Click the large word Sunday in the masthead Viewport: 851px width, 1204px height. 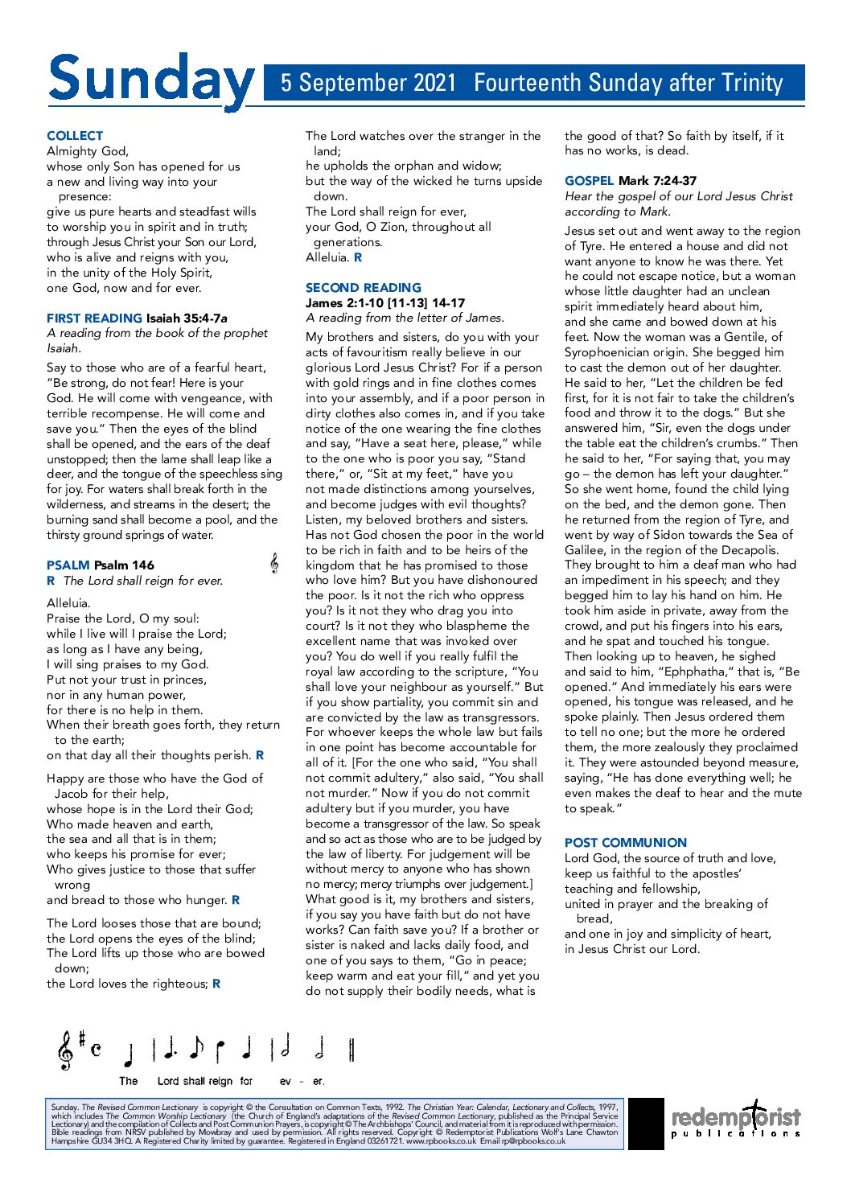pos(150,80)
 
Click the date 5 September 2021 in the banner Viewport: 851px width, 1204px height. pos(368,83)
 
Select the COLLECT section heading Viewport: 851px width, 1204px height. pos(75,136)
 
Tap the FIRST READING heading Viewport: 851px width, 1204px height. pos(94,318)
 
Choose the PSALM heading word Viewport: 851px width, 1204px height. pos(68,565)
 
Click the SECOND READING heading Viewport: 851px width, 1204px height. pos(363,288)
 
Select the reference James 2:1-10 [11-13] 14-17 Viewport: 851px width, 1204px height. pos(384,303)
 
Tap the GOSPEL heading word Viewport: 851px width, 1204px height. pos(589,181)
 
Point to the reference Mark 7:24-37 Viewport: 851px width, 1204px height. pos(657,181)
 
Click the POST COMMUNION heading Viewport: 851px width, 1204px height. pos(625,843)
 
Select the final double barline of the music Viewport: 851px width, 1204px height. pos(351,1050)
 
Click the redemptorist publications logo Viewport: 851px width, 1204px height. pos(735,1120)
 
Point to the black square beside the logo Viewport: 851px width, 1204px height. pos(646,1123)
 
